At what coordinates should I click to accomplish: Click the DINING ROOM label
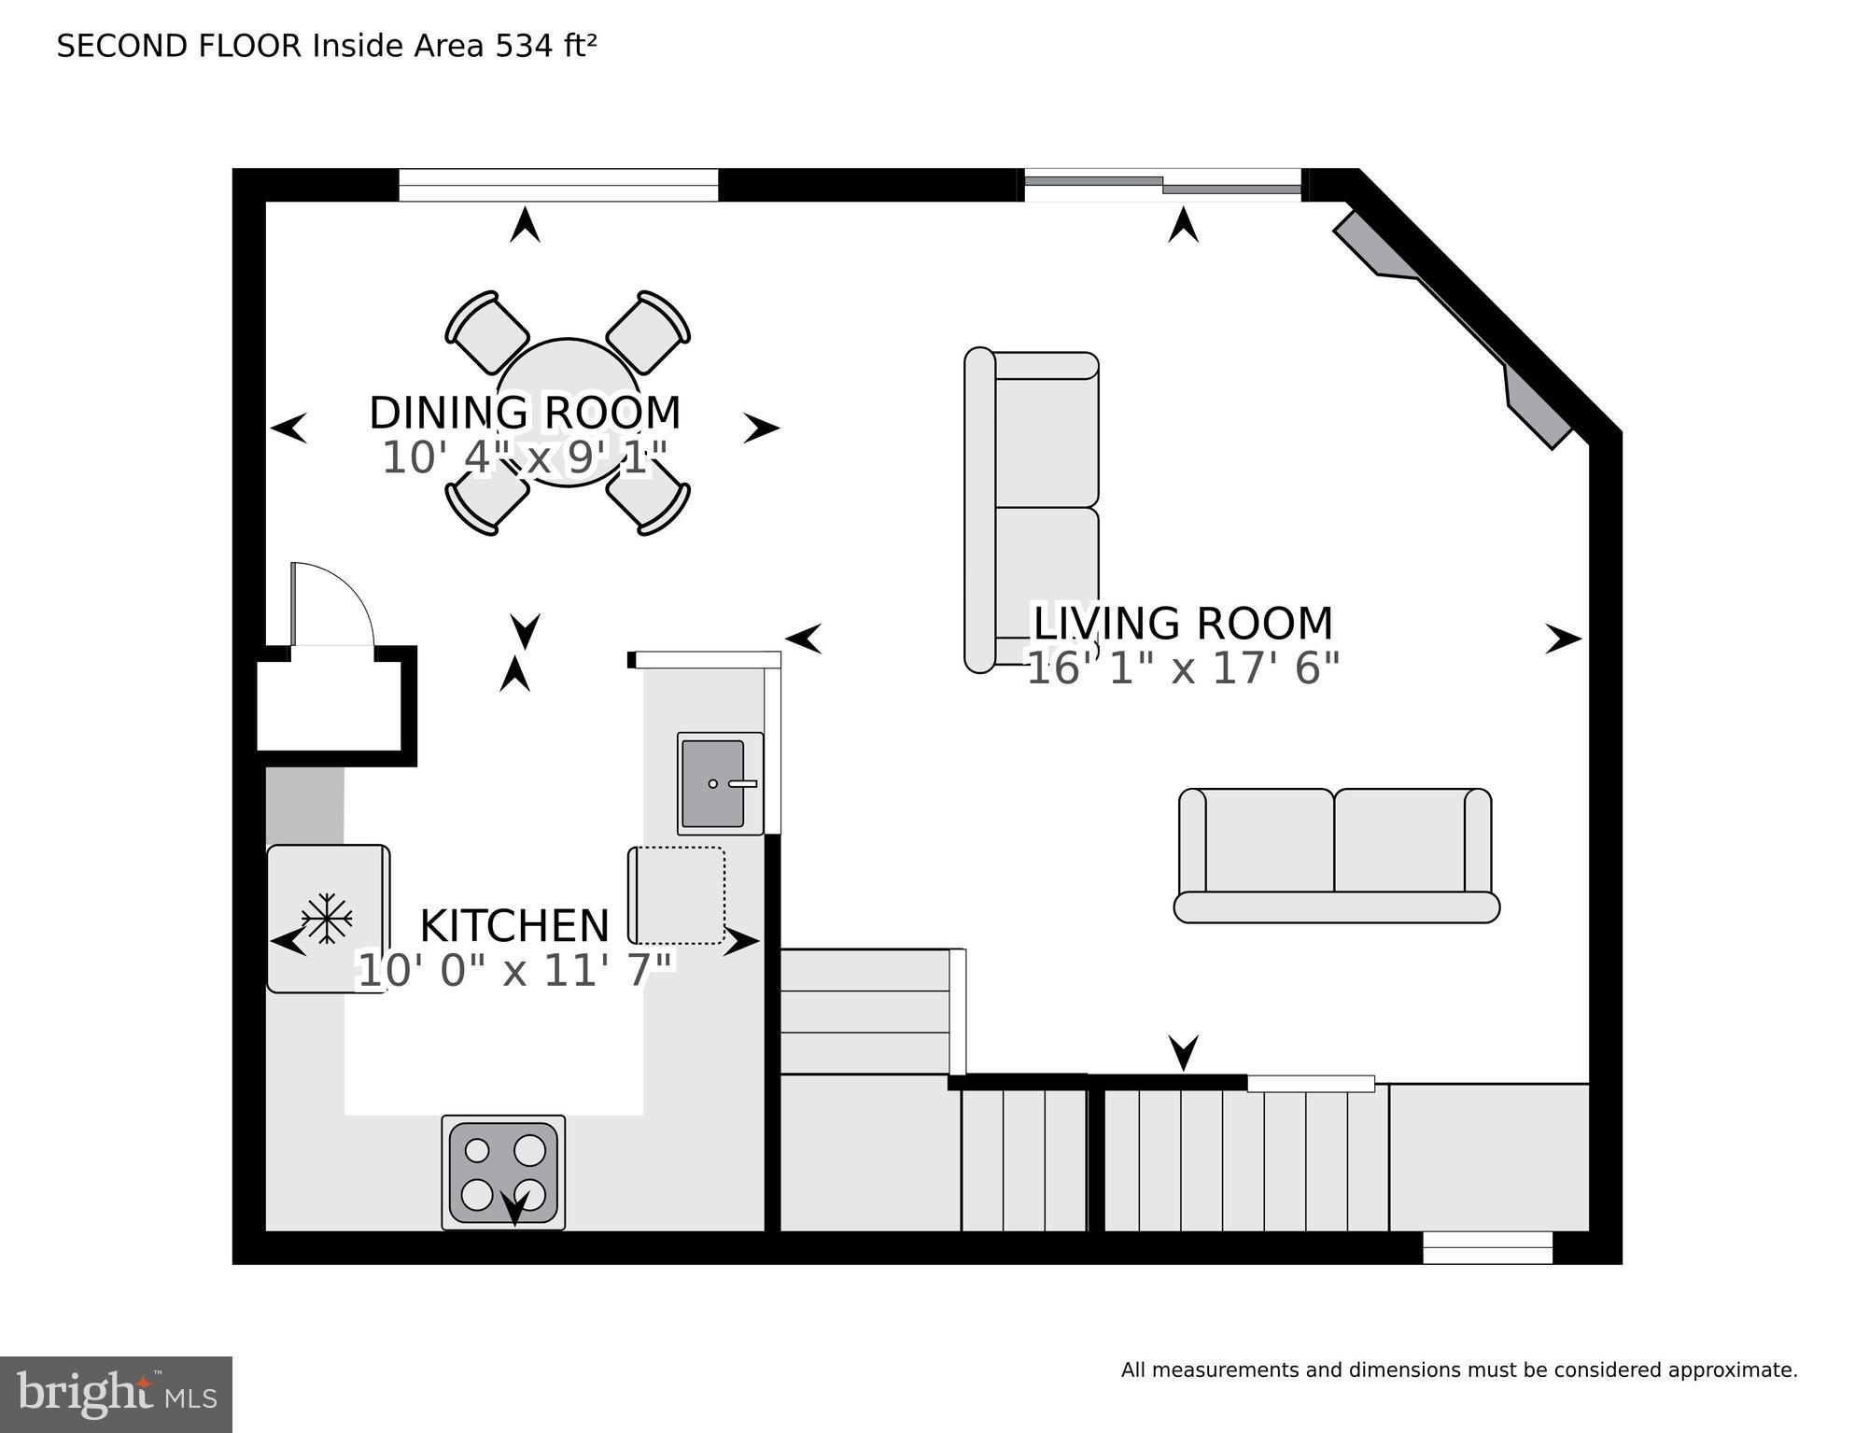click(525, 413)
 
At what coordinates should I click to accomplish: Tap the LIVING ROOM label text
click(1182, 623)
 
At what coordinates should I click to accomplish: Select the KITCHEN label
click(514, 926)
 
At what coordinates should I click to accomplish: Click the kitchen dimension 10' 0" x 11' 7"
click(515, 971)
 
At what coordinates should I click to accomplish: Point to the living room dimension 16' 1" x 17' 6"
click(1182, 668)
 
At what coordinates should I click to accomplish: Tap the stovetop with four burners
click(503, 1172)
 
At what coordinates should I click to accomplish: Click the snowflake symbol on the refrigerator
click(326, 919)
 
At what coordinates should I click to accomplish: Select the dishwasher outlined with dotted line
click(679, 895)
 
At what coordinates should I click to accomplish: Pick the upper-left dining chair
click(486, 332)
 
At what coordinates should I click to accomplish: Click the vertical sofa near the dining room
click(1032, 511)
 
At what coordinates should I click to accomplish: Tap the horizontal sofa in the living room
click(1336, 854)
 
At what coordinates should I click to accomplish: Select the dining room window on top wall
click(558, 185)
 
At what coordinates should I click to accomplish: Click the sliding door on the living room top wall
click(1162, 185)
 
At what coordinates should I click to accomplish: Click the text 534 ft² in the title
click(545, 46)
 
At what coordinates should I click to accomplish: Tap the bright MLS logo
click(116, 1394)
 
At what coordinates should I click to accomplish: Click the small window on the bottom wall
click(1486, 1247)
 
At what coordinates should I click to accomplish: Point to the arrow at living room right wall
click(1563, 639)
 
